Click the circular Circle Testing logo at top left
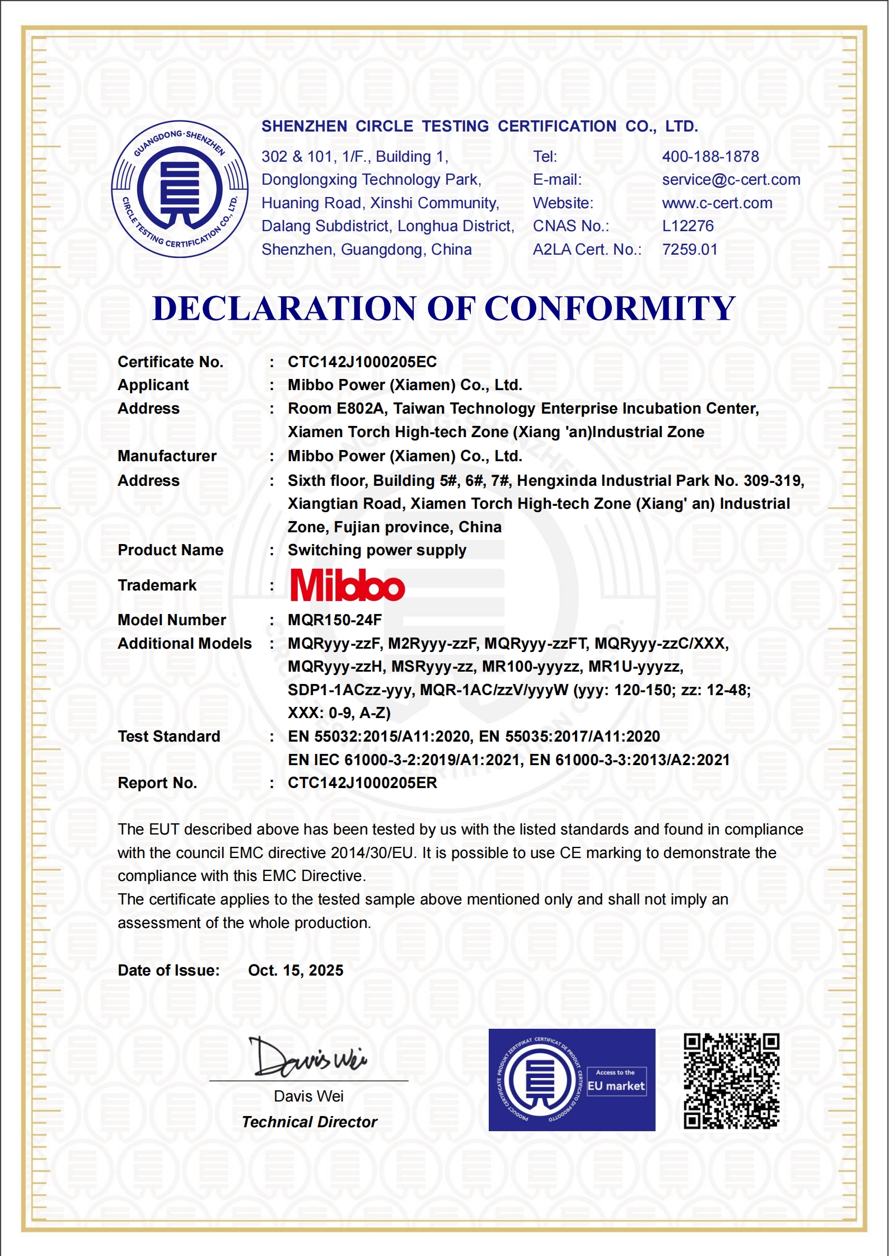tap(180, 189)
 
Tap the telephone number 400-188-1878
tap(710, 157)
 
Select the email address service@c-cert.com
tap(731, 180)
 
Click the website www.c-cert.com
tap(717, 203)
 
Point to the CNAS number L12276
tap(688, 226)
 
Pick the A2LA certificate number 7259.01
tap(690, 250)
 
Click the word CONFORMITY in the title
tap(609, 308)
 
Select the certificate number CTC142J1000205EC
tap(362, 362)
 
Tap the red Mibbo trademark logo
tap(348, 585)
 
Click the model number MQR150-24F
tap(335, 620)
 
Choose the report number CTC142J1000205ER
tap(362, 783)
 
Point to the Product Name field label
tap(170, 550)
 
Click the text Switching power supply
tap(377, 550)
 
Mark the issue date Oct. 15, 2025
tap(296, 971)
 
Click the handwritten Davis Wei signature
tap(310, 1057)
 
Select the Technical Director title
tap(310, 1122)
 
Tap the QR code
tap(731, 1081)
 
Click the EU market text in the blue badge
tap(616, 1086)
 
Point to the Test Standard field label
tap(169, 737)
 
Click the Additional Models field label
tap(185, 644)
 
